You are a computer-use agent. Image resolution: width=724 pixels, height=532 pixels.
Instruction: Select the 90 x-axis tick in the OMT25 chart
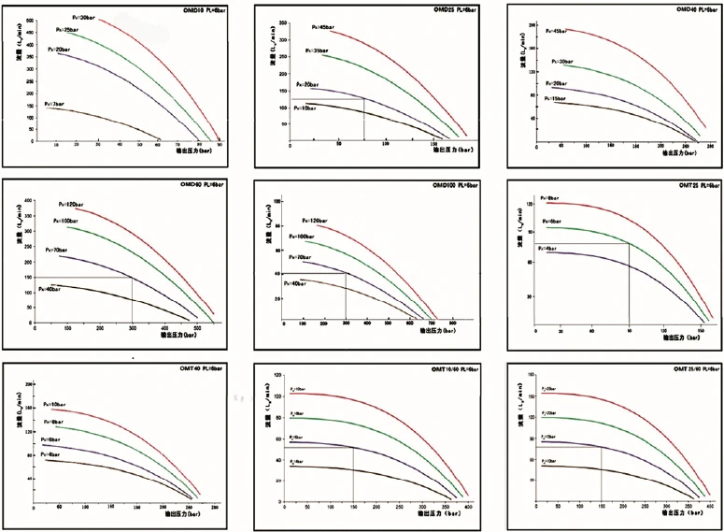pyautogui.click(x=629, y=330)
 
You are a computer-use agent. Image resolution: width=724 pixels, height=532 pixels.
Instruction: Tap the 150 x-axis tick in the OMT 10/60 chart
pyautogui.click(x=353, y=506)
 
